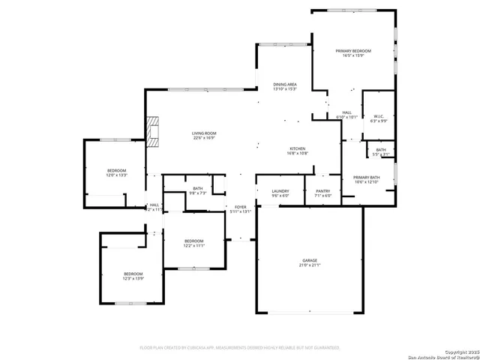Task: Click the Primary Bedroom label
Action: pyautogui.click(x=353, y=50)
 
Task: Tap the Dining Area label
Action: pyautogui.click(x=285, y=84)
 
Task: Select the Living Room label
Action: pyautogui.click(x=204, y=133)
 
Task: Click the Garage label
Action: pyautogui.click(x=310, y=259)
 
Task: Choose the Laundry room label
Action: pyautogui.click(x=281, y=190)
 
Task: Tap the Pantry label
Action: pyautogui.click(x=323, y=190)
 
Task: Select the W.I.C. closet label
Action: pyautogui.click(x=379, y=116)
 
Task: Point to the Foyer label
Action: pyautogui.click(x=240, y=207)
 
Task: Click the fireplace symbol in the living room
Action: pyautogui.click(x=154, y=130)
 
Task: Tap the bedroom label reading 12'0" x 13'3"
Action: pyautogui.click(x=117, y=174)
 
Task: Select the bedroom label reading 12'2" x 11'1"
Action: pyautogui.click(x=194, y=245)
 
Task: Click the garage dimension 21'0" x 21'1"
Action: pyautogui.click(x=310, y=265)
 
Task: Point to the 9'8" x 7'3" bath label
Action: pyautogui.click(x=198, y=190)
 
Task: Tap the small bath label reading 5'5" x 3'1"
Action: pyautogui.click(x=381, y=151)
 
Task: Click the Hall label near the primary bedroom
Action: pyautogui.click(x=346, y=112)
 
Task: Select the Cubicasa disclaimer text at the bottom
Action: pyautogui.click(x=240, y=347)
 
